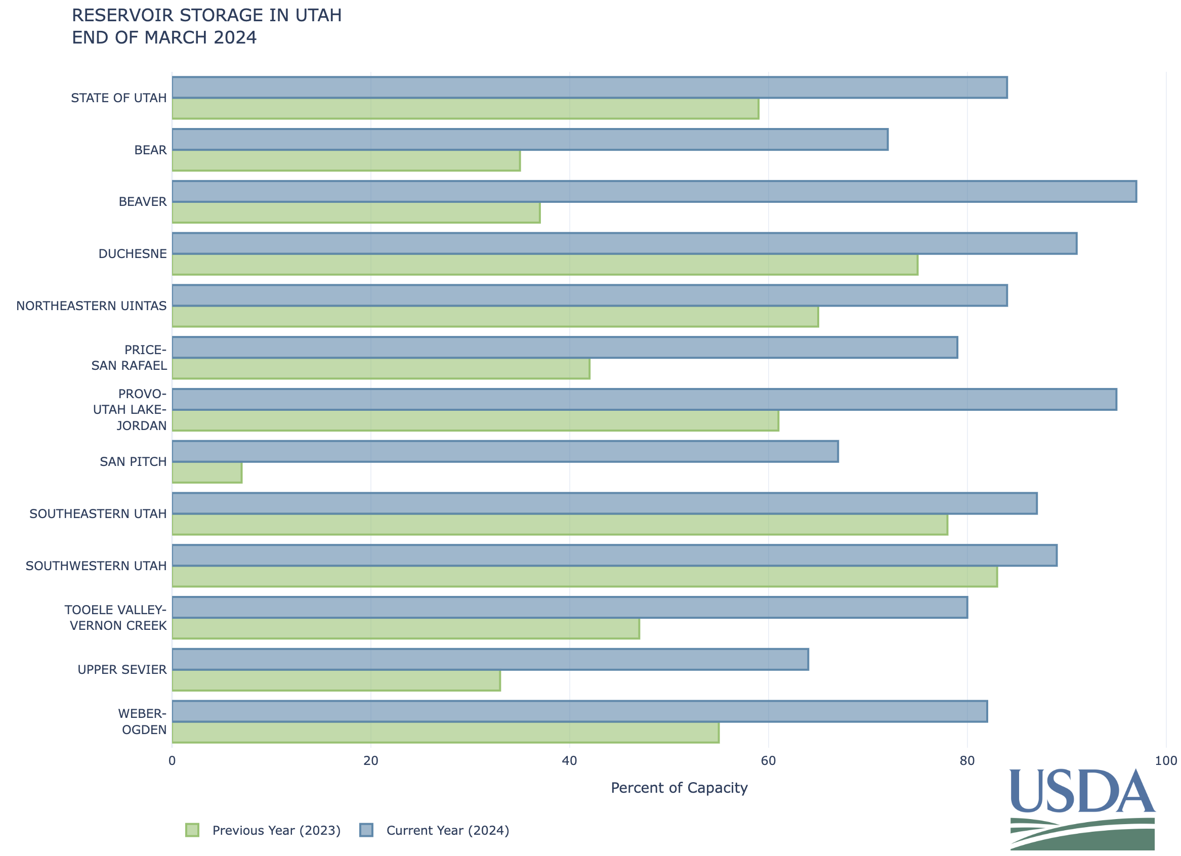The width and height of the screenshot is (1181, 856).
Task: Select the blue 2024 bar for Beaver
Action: coord(654,192)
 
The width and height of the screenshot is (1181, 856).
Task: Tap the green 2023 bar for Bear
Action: coord(346,160)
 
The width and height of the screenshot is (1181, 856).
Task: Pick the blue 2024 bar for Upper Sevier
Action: coord(490,660)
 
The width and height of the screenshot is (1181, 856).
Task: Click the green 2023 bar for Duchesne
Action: coord(544,265)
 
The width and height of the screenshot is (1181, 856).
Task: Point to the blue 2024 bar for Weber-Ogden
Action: coord(579,712)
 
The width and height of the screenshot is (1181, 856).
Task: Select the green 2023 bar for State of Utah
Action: coord(466,109)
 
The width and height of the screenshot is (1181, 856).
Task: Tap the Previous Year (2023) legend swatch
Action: coord(192,831)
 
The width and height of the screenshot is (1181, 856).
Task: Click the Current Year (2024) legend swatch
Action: coord(366,831)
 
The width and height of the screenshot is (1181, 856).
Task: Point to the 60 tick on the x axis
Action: coord(768,761)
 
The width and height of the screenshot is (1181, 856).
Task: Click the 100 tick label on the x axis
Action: coord(1165,761)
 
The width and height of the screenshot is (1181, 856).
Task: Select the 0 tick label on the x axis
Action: coord(173,761)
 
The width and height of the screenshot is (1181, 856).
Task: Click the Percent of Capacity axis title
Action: coord(679,788)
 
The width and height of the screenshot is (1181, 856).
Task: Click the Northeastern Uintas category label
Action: coord(92,306)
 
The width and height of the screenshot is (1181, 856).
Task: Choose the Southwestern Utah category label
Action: coord(96,566)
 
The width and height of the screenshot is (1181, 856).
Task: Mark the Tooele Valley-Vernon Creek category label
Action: coord(115,618)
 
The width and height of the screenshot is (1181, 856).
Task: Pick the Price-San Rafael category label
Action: coord(129,358)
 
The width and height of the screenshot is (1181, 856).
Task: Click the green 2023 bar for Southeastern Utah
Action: coord(560,525)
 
